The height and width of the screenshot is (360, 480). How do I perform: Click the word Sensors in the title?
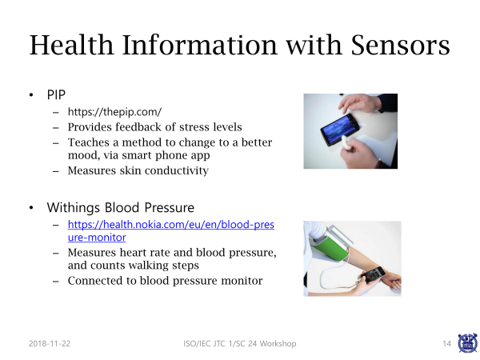tap(401, 46)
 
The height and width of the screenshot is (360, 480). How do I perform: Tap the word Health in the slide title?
tap(72, 45)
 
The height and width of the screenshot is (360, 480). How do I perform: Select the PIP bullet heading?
tap(56, 95)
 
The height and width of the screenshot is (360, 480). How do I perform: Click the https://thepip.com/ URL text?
tap(114, 112)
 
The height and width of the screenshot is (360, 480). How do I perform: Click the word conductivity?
tap(177, 170)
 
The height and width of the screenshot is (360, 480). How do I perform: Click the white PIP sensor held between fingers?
tap(346, 142)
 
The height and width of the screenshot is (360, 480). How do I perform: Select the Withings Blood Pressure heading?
tap(121, 207)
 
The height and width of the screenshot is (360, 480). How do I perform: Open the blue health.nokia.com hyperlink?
tap(171, 231)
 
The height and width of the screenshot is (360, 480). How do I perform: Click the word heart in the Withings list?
tap(145, 253)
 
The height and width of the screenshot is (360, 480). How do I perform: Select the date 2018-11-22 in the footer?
tap(50, 343)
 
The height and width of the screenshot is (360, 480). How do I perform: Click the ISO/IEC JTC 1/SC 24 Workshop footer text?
tap(240, 344)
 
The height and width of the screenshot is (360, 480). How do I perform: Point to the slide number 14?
tap(446, 344)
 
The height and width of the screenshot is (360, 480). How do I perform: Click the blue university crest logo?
tap(467, 343)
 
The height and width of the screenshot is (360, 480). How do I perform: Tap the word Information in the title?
tap(200, 45)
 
